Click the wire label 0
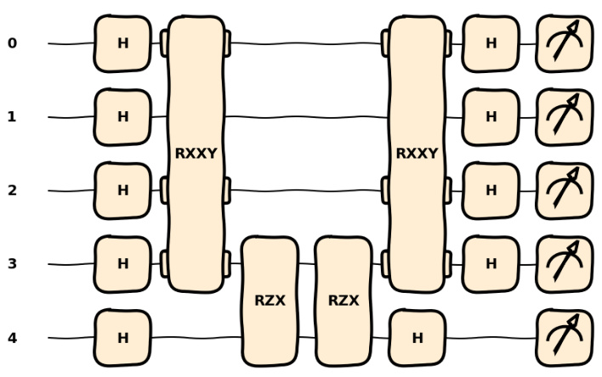11,43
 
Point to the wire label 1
11,117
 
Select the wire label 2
11,190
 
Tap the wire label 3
11,264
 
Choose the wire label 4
11,338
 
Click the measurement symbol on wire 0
564,43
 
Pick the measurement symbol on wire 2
564,190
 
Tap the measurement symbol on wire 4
564,338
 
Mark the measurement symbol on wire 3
564,264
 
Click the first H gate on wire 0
122,43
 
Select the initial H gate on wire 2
122,190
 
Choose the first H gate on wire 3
122,264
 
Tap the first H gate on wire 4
122,338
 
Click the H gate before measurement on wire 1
491,117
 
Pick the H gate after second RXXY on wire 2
491,190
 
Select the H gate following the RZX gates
417,338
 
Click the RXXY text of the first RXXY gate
196,154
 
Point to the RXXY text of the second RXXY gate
417,154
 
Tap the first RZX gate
270,301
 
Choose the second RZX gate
343,301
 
